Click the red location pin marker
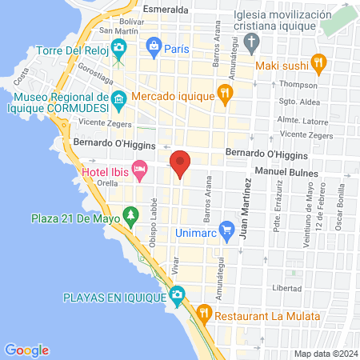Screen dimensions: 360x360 click(181, 163)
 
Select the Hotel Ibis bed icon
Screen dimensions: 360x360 click(140, 169)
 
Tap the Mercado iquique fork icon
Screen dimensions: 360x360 click(226, 93)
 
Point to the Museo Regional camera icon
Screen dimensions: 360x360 click(119, 102)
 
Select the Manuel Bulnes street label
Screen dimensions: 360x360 click(286, 173)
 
